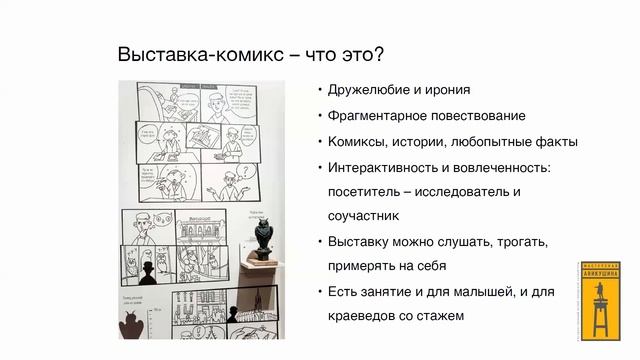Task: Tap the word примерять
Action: coord(363,266)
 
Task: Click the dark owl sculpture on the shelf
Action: coord(262,235)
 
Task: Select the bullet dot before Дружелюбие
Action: coord(318,89)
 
